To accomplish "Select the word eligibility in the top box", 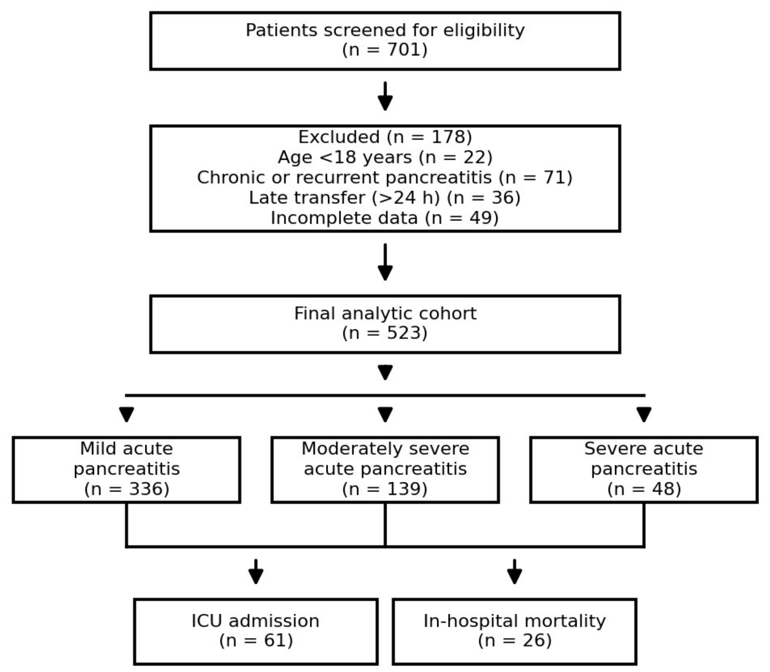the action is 484,30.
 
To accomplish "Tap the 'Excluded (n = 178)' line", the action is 385,137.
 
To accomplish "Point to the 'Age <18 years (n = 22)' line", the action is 385,157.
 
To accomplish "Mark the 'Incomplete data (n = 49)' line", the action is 385,218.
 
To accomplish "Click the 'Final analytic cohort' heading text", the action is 385,314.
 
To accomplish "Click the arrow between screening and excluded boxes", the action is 385,97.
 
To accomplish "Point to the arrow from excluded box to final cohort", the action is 385,262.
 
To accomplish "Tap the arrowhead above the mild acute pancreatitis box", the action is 126,414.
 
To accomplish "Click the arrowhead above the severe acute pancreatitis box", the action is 644,414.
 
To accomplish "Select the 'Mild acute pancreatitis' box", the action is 126,470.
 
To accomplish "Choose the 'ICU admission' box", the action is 256,631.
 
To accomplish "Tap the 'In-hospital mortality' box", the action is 514,631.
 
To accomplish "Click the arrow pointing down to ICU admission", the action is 256,572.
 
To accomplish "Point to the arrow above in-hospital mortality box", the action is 514,572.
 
